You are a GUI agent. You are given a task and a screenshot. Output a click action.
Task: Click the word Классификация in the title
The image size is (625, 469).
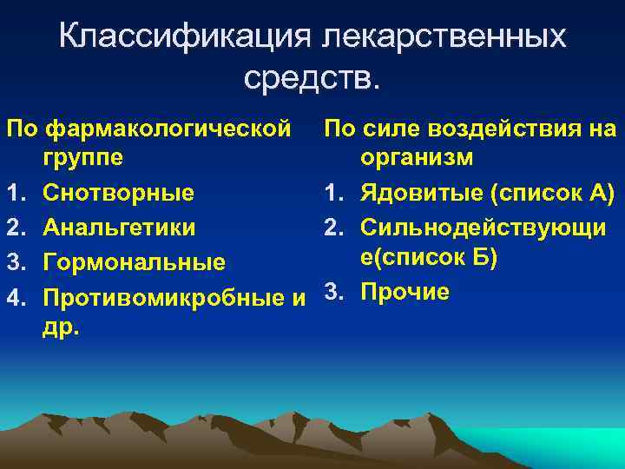click(x=183, y=36)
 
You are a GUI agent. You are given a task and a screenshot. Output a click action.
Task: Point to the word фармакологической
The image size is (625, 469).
click(x=168, y=130)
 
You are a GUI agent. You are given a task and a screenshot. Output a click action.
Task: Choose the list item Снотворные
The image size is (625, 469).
click(x=118, y=191)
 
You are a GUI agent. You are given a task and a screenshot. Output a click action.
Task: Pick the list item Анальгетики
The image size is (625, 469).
click(x=119, y=228)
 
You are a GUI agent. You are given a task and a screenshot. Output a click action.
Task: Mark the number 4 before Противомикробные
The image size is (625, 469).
click(x=13, y=298)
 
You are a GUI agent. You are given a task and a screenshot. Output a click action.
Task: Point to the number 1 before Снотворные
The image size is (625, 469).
click(x=13, y=191)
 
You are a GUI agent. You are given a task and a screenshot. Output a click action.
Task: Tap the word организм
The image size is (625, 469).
click(x=418, y=158)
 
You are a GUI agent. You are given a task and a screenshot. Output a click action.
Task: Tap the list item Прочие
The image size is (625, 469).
click(x=405, y=292)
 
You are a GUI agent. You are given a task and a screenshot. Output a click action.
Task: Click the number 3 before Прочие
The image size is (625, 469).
click(x=332, y=292)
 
